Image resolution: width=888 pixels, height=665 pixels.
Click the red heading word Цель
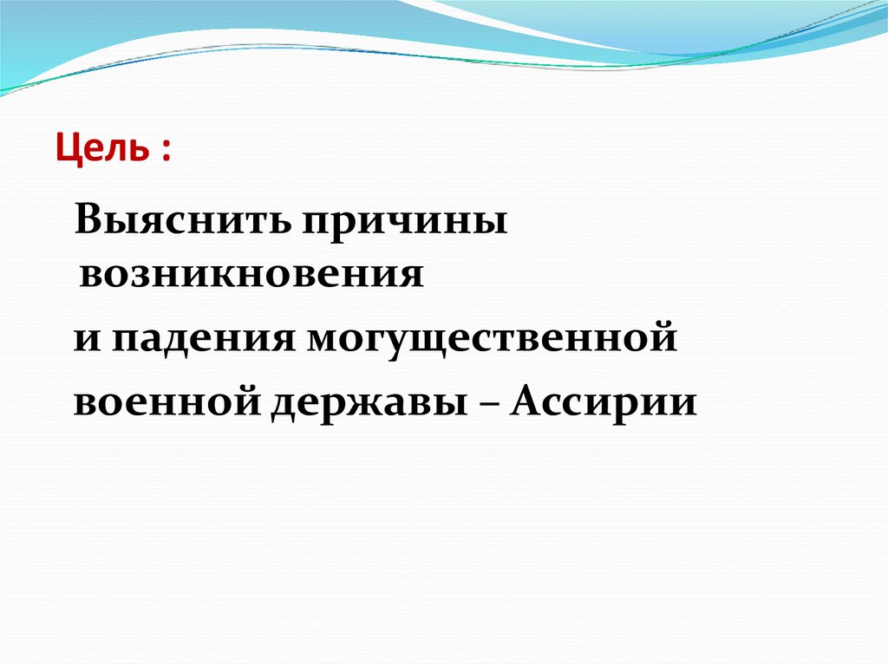[102, 151]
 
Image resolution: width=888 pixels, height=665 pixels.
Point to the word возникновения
[251, 275]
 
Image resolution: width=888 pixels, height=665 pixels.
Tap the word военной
[165, 401]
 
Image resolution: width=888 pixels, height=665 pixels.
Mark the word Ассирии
[604, 401]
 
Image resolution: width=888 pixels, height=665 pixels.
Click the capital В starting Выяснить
[88, 222]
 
